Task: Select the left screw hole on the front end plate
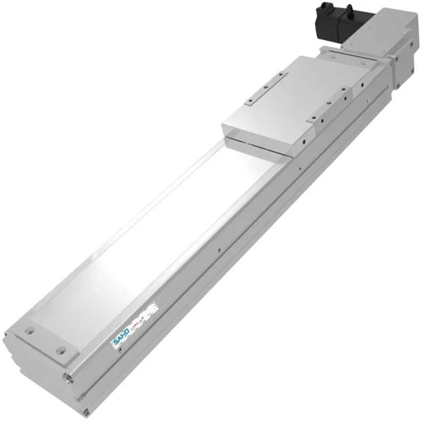pyautogui.click(x=29, y=331)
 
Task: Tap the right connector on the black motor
pyautogui.click(x=349, y=11)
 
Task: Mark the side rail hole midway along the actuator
pyautogui.click(x=219, y=247)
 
